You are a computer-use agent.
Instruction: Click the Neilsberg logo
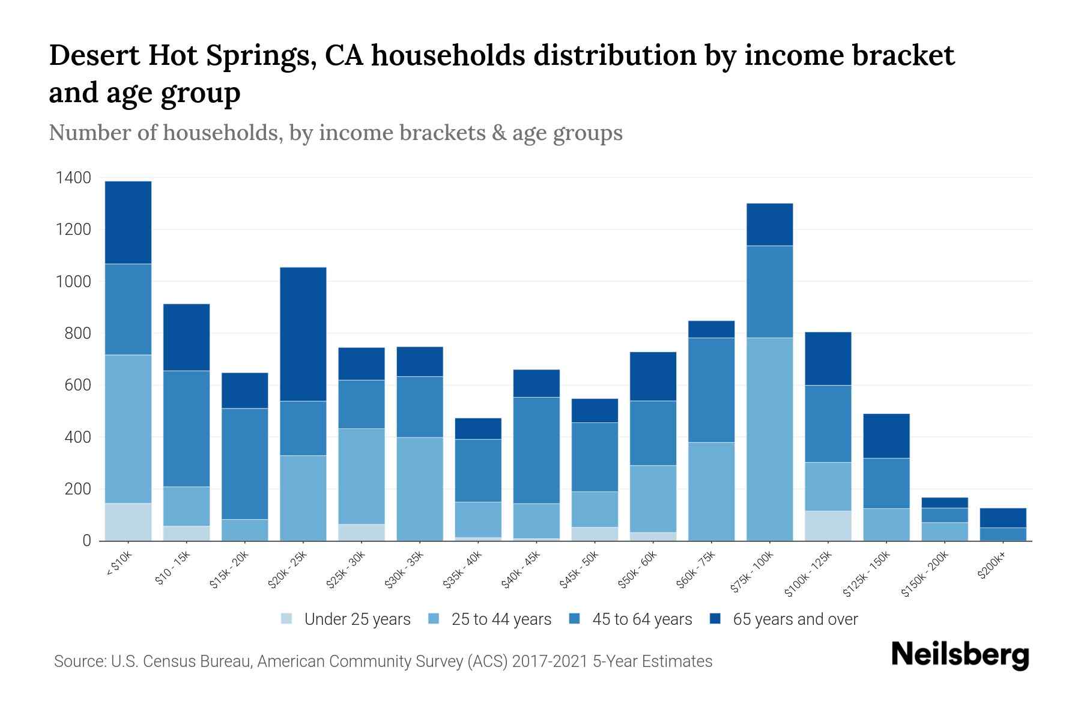tap(960, 655)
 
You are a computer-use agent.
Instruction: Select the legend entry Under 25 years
tap(357, 619)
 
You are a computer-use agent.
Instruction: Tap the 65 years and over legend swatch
tap(715, 619)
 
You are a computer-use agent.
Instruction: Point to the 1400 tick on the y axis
tap(73, 178)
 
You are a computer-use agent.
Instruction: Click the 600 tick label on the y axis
tap(78, 385)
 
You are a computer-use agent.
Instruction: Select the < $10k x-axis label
tap(119, 565)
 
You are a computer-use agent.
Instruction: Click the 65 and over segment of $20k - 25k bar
tap(303, 333)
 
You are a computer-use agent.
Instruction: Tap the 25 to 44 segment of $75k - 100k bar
tap(769, 439)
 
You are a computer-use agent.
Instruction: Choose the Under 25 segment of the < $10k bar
tap(128, 522)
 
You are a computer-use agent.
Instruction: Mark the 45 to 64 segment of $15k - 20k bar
tap(245, 463)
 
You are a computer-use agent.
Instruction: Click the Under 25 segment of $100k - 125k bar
tap(828, 526)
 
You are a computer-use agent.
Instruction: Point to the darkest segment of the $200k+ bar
tap(1002, 518)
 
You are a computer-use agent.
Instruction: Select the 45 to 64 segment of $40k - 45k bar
tap(536, 450)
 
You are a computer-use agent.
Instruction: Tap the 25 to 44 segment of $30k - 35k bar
tap(420, 488)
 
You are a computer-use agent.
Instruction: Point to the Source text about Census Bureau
tap(383, 662)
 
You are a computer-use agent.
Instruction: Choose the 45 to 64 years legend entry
tap(641, 619)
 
